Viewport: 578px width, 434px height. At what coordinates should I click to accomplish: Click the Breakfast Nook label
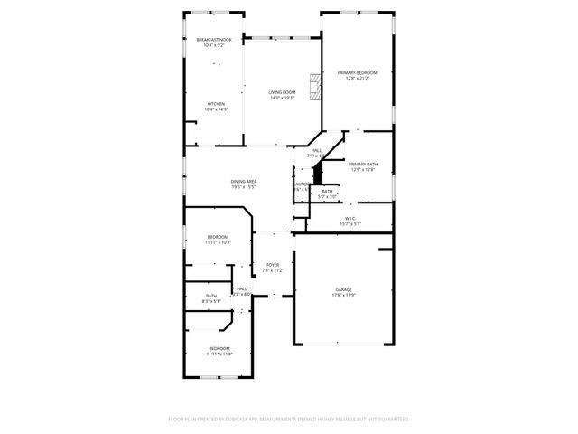click(x=214, y=40)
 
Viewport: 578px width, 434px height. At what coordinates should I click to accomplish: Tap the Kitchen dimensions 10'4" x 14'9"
click(x=217, y=109)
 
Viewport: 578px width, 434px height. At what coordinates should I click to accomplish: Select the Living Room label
click(x=282, y=92)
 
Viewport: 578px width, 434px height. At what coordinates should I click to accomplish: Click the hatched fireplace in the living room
click(x=314, y=87)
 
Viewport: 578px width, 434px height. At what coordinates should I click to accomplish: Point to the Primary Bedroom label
click(x=357, y=72)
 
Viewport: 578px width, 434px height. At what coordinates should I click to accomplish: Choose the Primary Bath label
click(x=363, y=164)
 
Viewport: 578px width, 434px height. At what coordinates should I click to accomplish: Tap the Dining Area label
click(x=244, y=182)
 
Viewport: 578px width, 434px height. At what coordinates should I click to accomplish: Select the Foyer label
click(x=272, y=265)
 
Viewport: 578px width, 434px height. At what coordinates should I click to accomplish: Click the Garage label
click(x=343, y=289)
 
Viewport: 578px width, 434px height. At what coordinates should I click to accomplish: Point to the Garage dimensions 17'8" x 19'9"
click(x=343, y=295)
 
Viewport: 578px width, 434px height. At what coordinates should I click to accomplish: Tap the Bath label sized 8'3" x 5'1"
click(x=210, y=297)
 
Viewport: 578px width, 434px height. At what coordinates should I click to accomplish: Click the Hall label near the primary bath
click(x=316, y=151)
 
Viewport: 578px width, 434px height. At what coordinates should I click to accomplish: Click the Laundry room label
click(x=302, y=184)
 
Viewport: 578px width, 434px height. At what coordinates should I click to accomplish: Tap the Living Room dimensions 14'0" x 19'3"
click(x=282, y=98)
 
